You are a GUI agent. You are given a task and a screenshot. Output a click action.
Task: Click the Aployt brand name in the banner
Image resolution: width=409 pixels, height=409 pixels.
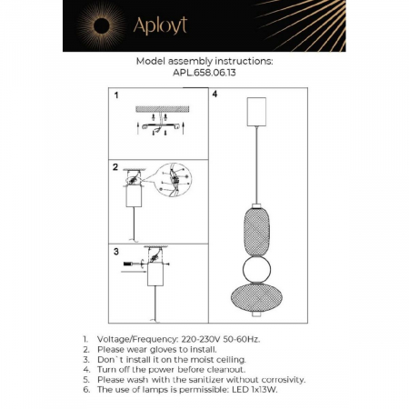160,25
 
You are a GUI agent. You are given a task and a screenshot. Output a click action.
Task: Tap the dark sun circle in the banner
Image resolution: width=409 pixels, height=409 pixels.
101,25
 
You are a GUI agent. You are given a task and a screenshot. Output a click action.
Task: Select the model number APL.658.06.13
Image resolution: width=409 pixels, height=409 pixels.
204,73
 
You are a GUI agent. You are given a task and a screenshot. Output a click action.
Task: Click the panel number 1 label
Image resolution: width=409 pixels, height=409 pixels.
116,95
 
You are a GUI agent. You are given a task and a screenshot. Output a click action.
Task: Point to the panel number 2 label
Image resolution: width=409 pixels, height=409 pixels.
115,167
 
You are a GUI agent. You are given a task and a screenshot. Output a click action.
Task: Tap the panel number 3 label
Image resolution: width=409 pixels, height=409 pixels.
116,252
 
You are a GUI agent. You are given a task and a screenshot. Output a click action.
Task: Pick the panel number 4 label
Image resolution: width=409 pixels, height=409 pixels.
214,94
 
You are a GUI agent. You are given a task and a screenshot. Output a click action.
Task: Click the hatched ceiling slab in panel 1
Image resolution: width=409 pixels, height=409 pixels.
163,109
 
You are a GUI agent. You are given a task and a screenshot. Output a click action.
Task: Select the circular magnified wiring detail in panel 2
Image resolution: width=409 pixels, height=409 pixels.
174,180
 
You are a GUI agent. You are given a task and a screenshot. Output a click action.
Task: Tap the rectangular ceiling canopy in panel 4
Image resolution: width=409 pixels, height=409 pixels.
256,112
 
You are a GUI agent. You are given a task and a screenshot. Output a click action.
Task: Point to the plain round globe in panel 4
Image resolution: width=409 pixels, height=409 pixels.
256,270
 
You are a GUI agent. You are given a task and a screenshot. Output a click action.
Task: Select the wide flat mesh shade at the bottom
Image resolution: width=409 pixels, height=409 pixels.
256,297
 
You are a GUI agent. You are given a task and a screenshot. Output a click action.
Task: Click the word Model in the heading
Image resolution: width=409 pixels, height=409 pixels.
151,61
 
